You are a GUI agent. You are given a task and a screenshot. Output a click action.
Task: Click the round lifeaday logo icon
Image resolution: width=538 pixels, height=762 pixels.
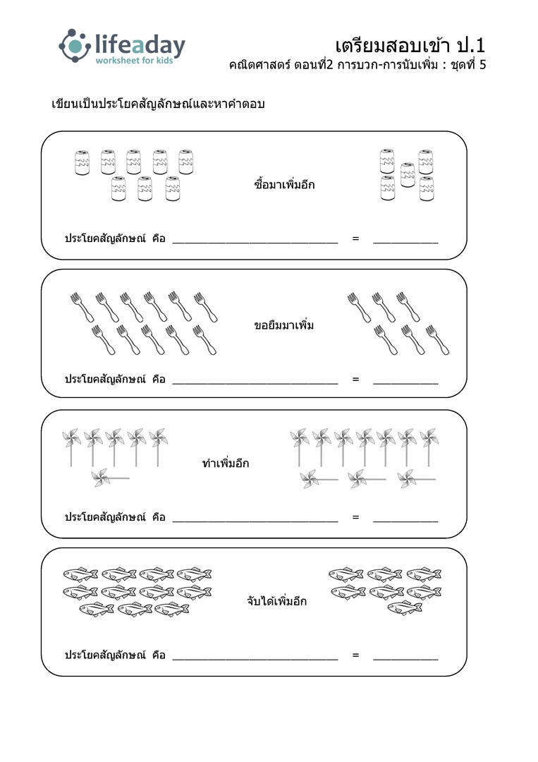[x=74, y=46]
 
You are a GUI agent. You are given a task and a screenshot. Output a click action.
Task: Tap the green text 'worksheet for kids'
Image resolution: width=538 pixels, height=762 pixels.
[x=134, y=60]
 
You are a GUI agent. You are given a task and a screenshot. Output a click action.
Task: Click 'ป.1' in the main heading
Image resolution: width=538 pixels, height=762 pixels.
[x=470, y=45]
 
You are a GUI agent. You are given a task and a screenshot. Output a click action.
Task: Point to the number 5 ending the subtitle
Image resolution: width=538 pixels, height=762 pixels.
[x=482, y=65]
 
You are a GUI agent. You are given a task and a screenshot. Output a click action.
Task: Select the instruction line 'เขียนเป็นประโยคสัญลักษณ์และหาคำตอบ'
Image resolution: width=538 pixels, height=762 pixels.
[x=158, y=104]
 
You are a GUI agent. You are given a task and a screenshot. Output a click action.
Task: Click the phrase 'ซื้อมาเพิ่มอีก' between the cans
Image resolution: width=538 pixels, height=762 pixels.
[x=284, y=184]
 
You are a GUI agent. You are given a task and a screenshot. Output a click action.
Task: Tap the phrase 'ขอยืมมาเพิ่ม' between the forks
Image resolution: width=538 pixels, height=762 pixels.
[x=283, y=325]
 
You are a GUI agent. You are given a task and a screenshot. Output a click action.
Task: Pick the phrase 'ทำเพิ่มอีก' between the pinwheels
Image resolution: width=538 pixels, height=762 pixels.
[x=226, y=463]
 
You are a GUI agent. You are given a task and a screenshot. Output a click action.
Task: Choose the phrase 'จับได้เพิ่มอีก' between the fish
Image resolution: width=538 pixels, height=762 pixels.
[x=277, y=600]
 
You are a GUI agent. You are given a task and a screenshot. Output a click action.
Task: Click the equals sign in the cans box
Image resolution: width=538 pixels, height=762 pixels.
[x=355, y=238]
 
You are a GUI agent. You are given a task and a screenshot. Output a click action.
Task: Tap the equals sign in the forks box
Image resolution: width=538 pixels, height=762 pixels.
[x=355, y=379]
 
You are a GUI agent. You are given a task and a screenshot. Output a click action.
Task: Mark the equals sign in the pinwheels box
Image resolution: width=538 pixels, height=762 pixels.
[x=355, y=517]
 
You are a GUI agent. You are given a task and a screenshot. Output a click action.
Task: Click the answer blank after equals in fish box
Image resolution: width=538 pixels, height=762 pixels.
[x=405, y=660]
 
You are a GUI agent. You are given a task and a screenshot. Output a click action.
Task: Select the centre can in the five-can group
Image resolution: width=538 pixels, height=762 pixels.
[x=408, y=175]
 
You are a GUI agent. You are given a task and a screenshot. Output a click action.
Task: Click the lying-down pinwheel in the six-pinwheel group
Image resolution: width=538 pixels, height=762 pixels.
[x=110, y=478]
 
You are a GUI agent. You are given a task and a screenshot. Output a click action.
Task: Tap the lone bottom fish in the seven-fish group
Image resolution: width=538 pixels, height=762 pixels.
[x=405, y=607]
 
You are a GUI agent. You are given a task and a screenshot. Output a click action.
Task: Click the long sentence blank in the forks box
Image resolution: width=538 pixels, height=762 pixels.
[x=255, y=383]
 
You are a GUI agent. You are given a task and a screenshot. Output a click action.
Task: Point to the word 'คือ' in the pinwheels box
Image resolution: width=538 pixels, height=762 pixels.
[x=159, y=517]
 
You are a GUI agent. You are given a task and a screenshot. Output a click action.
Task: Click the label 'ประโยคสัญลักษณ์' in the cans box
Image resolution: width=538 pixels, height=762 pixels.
[x=105, y=238]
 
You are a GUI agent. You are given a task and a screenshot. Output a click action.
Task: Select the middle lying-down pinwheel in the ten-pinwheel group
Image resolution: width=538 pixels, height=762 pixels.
[x=367, y=479]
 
